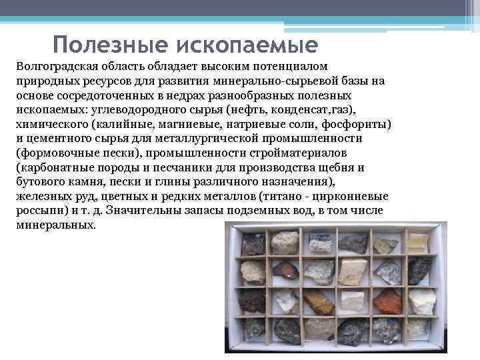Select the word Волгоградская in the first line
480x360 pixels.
pyautogui.click(x=55, y=67)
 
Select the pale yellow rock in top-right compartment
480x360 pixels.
pyautogui.click(x=417, y=243)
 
